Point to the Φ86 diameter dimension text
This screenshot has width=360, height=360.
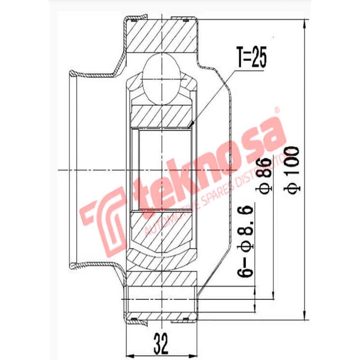point(265,175)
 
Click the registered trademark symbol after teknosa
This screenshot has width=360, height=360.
point(277,109)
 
